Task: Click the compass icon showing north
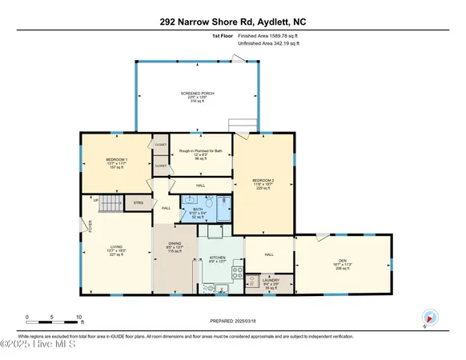point(429,317)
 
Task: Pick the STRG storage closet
point(139,203)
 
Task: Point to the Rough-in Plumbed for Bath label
point(191,152)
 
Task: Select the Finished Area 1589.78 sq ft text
point(259,36)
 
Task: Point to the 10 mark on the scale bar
point(78,317)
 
